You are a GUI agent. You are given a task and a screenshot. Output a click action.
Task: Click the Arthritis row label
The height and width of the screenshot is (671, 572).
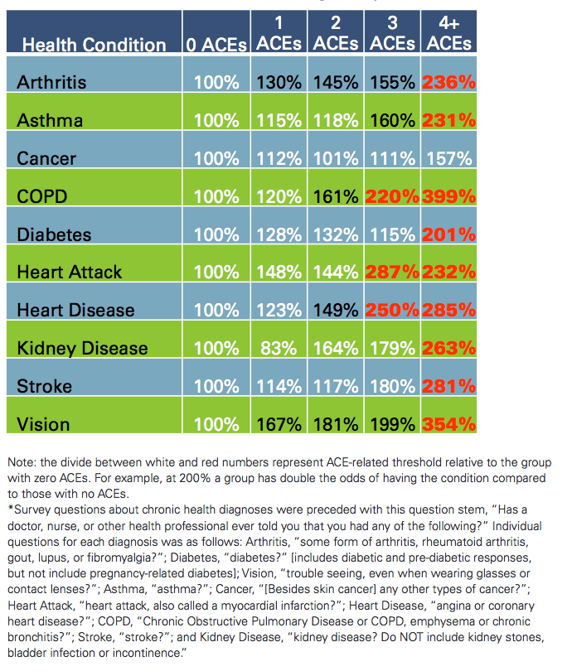[51, 82]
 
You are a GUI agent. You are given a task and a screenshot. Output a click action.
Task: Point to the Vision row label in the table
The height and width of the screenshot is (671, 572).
[42, 424]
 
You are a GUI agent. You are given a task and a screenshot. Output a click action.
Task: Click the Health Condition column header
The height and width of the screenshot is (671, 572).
[94, 45]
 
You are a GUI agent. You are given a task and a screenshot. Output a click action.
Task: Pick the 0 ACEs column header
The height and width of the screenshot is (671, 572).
[216, 45]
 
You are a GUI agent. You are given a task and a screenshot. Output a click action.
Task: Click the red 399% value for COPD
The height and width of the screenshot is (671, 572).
[448, 196]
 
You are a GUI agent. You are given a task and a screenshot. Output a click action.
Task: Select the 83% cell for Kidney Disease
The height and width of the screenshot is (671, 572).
[279, 348]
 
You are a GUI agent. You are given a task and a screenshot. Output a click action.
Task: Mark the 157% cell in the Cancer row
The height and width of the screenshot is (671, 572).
[448, 158]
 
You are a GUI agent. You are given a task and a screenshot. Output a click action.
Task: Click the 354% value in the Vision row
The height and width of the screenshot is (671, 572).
[448, 424]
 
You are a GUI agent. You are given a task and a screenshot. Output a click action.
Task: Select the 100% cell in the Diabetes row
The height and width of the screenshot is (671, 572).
[216, 234]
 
